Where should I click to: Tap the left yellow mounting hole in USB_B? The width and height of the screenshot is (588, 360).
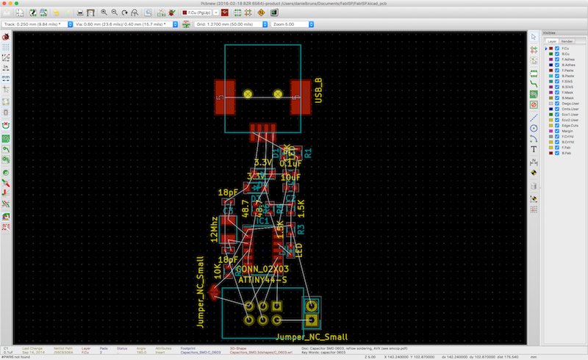(248, 94)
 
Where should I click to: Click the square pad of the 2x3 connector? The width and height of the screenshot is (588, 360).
(277, 306)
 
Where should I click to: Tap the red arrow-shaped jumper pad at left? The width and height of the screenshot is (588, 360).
(213, 294)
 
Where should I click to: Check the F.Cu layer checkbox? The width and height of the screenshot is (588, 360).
(557, 49)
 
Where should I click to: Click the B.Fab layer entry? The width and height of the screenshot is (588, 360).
(568, 153)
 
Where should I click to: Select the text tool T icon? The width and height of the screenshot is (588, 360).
(534, 148)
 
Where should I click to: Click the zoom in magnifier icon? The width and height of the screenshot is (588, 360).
(104, 12)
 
